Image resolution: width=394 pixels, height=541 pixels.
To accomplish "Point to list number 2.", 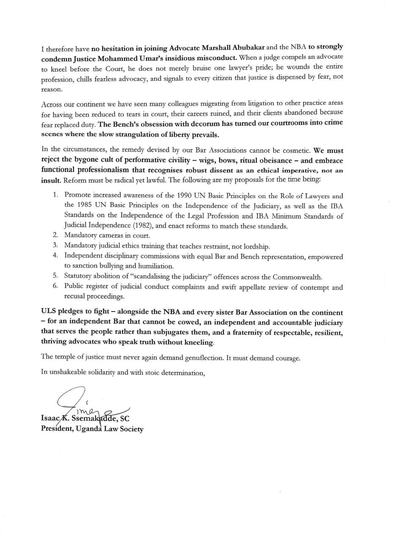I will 55,235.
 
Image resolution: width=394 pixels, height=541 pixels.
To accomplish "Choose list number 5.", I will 55,276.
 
